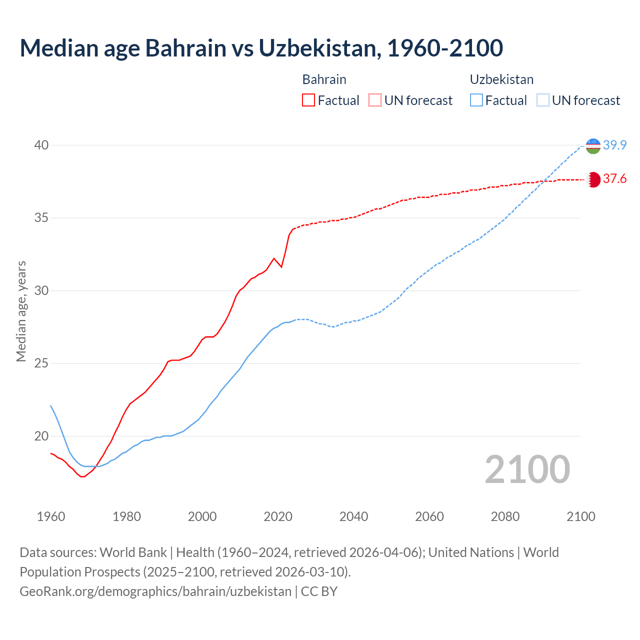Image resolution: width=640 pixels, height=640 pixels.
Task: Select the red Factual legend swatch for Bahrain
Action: pos(308,100)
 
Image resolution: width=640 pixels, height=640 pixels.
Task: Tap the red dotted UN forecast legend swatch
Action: pos(375,100)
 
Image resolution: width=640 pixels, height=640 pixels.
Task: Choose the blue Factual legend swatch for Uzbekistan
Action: pos(476,100)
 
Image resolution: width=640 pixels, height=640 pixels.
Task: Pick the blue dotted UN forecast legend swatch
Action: pos(543,100)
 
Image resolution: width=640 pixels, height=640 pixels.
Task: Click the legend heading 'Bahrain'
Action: pos(324,79)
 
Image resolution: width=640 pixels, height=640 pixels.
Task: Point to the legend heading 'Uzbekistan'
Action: pos(501,79)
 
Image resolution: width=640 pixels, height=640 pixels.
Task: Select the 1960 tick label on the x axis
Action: pos(51,516)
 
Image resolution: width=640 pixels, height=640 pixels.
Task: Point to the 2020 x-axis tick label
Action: pos(278,516)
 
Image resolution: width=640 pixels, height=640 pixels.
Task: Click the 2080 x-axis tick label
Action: pos(505,516)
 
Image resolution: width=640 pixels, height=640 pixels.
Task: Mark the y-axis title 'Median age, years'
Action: pos(21,311)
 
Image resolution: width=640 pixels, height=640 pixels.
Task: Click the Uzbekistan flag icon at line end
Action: pos(593,146)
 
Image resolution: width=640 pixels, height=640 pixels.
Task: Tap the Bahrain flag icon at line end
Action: pos(593,179)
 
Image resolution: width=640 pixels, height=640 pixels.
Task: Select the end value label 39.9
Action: pos(614,145)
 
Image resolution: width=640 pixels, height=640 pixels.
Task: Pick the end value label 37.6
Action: pos(614,179)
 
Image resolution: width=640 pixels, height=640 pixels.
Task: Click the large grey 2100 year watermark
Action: pos(527,469)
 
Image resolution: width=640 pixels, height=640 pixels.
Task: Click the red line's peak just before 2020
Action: pos(273,258)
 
